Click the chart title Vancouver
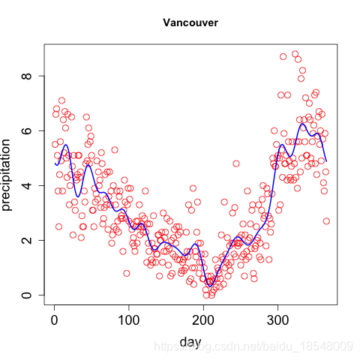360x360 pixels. point(190,22)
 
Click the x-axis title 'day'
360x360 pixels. point(190,342)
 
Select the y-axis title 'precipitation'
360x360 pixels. point(6,175)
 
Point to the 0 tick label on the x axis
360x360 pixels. point(54,320)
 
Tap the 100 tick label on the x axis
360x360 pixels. point(129,320)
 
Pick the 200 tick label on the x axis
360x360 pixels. point(203,320)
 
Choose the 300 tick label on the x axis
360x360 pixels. point(277,320)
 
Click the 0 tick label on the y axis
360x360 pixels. point(27,295)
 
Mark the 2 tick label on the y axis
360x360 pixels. point(27,240)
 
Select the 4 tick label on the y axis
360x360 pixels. point(27,185)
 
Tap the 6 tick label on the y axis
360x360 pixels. point(27,130)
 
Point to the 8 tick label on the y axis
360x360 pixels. point(27,76)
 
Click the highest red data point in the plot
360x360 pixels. point(295,54)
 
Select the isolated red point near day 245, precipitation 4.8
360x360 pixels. point(236,163)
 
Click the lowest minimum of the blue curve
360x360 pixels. point(210,286)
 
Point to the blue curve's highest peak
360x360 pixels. point(302,124)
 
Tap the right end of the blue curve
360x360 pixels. point(326,161)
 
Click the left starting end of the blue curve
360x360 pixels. point(55,163)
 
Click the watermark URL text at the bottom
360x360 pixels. point(253,346)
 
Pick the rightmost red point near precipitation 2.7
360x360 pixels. point(326,221)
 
